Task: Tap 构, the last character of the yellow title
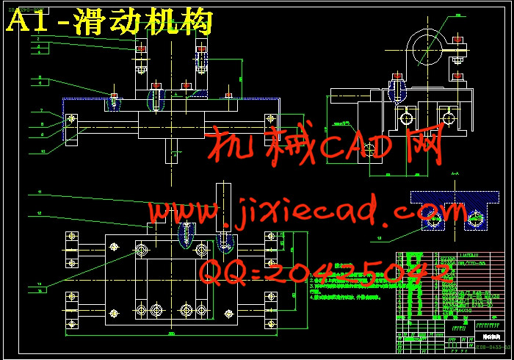click(197, 22)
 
